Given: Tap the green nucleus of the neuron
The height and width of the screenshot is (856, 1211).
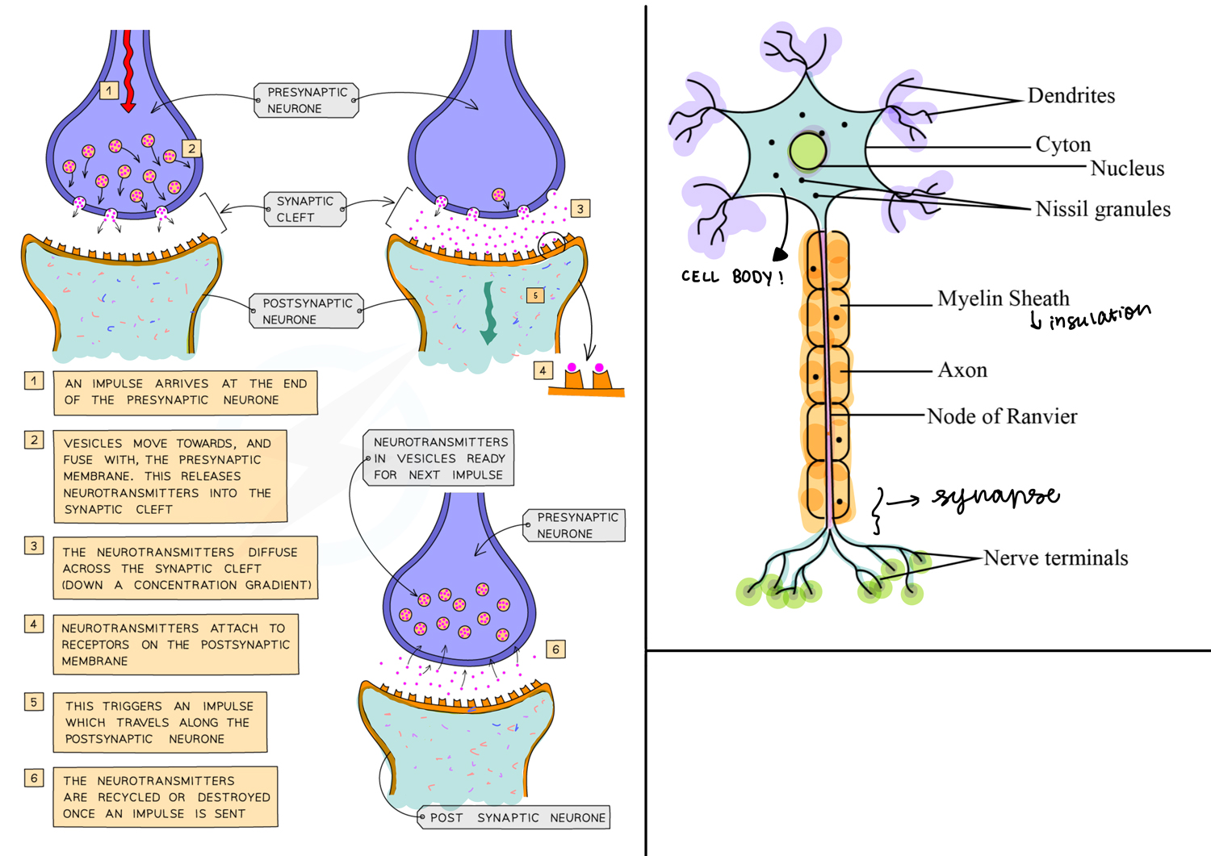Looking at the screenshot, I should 807,151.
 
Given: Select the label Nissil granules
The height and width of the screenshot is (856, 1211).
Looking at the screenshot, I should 1102,209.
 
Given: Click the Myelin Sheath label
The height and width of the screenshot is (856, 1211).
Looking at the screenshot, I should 1003,299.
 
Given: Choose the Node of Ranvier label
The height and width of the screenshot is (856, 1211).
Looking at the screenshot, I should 1001,416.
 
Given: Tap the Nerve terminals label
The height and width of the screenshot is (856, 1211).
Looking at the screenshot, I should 1055,558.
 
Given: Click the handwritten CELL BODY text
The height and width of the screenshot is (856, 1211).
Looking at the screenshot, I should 731,277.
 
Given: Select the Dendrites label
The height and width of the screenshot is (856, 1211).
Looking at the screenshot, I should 1071,96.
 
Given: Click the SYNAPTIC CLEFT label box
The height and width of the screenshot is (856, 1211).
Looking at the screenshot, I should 305,209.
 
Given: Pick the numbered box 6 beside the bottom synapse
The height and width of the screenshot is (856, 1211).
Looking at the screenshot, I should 555,649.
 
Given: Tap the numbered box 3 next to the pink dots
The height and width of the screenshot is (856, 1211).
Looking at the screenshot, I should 580,209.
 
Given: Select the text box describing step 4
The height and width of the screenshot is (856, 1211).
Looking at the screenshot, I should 175,645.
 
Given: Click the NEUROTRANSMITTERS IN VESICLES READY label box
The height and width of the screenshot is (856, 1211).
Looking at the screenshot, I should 440,458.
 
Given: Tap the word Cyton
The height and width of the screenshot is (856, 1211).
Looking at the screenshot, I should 1062,145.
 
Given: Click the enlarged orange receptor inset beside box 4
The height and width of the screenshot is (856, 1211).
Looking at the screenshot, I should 585,381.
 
